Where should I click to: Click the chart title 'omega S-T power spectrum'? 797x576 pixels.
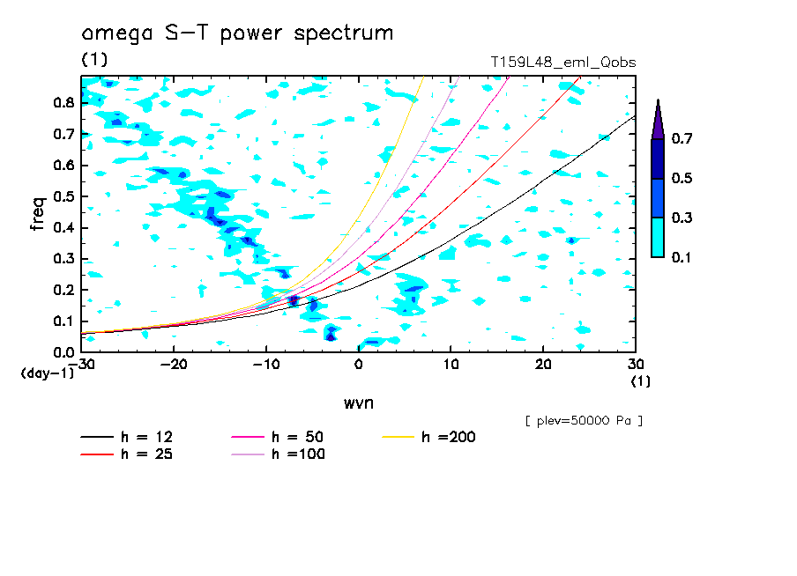pos(237,34)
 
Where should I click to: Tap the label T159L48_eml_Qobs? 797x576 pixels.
pos(563,63)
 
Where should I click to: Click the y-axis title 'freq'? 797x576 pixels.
pos(37,213)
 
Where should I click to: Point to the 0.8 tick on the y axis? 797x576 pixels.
pos(63,102)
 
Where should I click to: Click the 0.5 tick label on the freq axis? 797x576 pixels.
pos(63,196)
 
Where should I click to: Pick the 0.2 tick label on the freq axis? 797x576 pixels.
pos(63,291)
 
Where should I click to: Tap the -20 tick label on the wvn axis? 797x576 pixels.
pos(174,364)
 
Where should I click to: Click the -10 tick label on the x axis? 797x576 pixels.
pos(266,364)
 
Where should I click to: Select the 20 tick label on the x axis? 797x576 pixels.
pos(543,364)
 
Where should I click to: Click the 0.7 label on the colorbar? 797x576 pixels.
pos(680,138)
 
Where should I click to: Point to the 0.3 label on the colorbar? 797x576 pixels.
pos(680,218)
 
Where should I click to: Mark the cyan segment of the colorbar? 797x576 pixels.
pos(658,237)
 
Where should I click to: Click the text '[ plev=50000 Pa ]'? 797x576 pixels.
pos(584,422)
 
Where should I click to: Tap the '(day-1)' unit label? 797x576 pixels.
pos(48,373)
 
